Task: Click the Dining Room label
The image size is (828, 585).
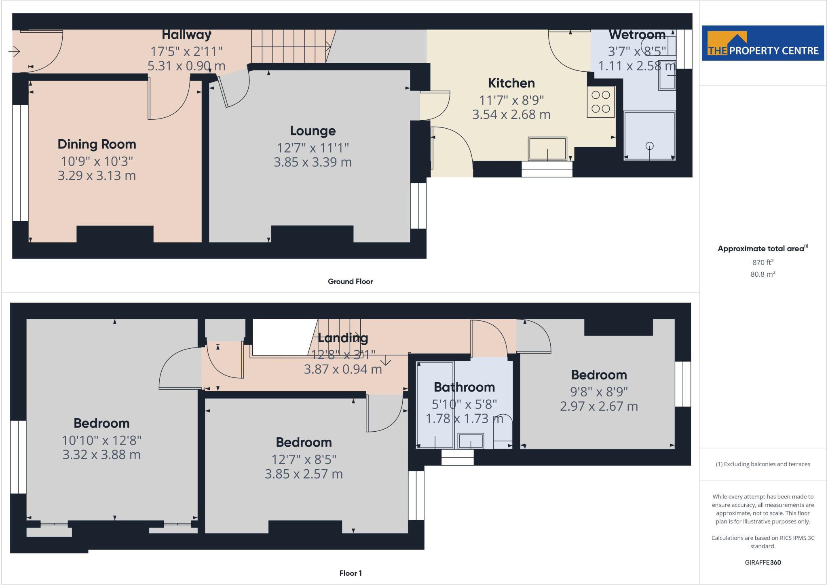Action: click(x=97, y=144)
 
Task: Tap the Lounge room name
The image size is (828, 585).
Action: click(x=313, y=131)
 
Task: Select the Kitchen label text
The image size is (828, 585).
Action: click(x=511, y=83)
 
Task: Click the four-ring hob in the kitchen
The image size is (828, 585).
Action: click(x=600, y=102)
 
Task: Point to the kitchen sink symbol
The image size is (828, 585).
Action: click(x=547, y=149)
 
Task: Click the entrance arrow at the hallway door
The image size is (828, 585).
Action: click(x=14, y=51)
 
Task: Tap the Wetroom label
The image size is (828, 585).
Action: click(x=637, y=35)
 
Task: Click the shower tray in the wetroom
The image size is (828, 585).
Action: click(x=649, y=136)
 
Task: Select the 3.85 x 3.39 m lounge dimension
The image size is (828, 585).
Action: click(x=313, y=162)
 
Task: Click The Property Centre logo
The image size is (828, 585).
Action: click(x=763, y=43)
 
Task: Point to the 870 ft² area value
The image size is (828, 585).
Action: click(x=763, y=262)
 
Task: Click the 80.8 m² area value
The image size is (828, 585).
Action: click(x=763, y=274)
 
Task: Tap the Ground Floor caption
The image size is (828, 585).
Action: click(x=350, y=282)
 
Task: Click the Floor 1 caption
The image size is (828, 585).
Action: click(x=350, y=573)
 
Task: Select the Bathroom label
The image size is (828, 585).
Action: click(x=464, y=388)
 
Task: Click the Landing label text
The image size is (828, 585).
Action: click(x=343, y=338)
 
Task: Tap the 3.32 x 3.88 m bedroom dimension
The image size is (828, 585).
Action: click(x=101, y=455)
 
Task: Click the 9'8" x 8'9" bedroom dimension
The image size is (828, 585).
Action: click(x=599, y=392)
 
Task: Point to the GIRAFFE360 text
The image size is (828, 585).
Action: click(x=763, y=562)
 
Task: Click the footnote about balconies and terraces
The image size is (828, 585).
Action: click(x=763, y=464)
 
